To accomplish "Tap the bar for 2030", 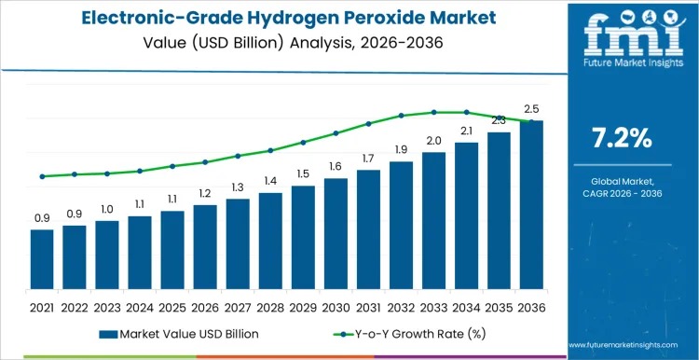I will (336, 235).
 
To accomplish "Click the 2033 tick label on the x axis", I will (433, 307).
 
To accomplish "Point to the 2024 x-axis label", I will (140, 307).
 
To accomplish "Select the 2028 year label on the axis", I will (270, 307).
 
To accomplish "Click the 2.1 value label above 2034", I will (466, 131).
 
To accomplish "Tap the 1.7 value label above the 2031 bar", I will (368, 159).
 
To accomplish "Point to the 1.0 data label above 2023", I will (107, 209).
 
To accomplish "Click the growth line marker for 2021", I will (42, 176).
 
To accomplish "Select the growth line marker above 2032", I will (401, 116).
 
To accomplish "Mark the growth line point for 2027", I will (238, 156).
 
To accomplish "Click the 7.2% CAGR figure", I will (622, 138).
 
